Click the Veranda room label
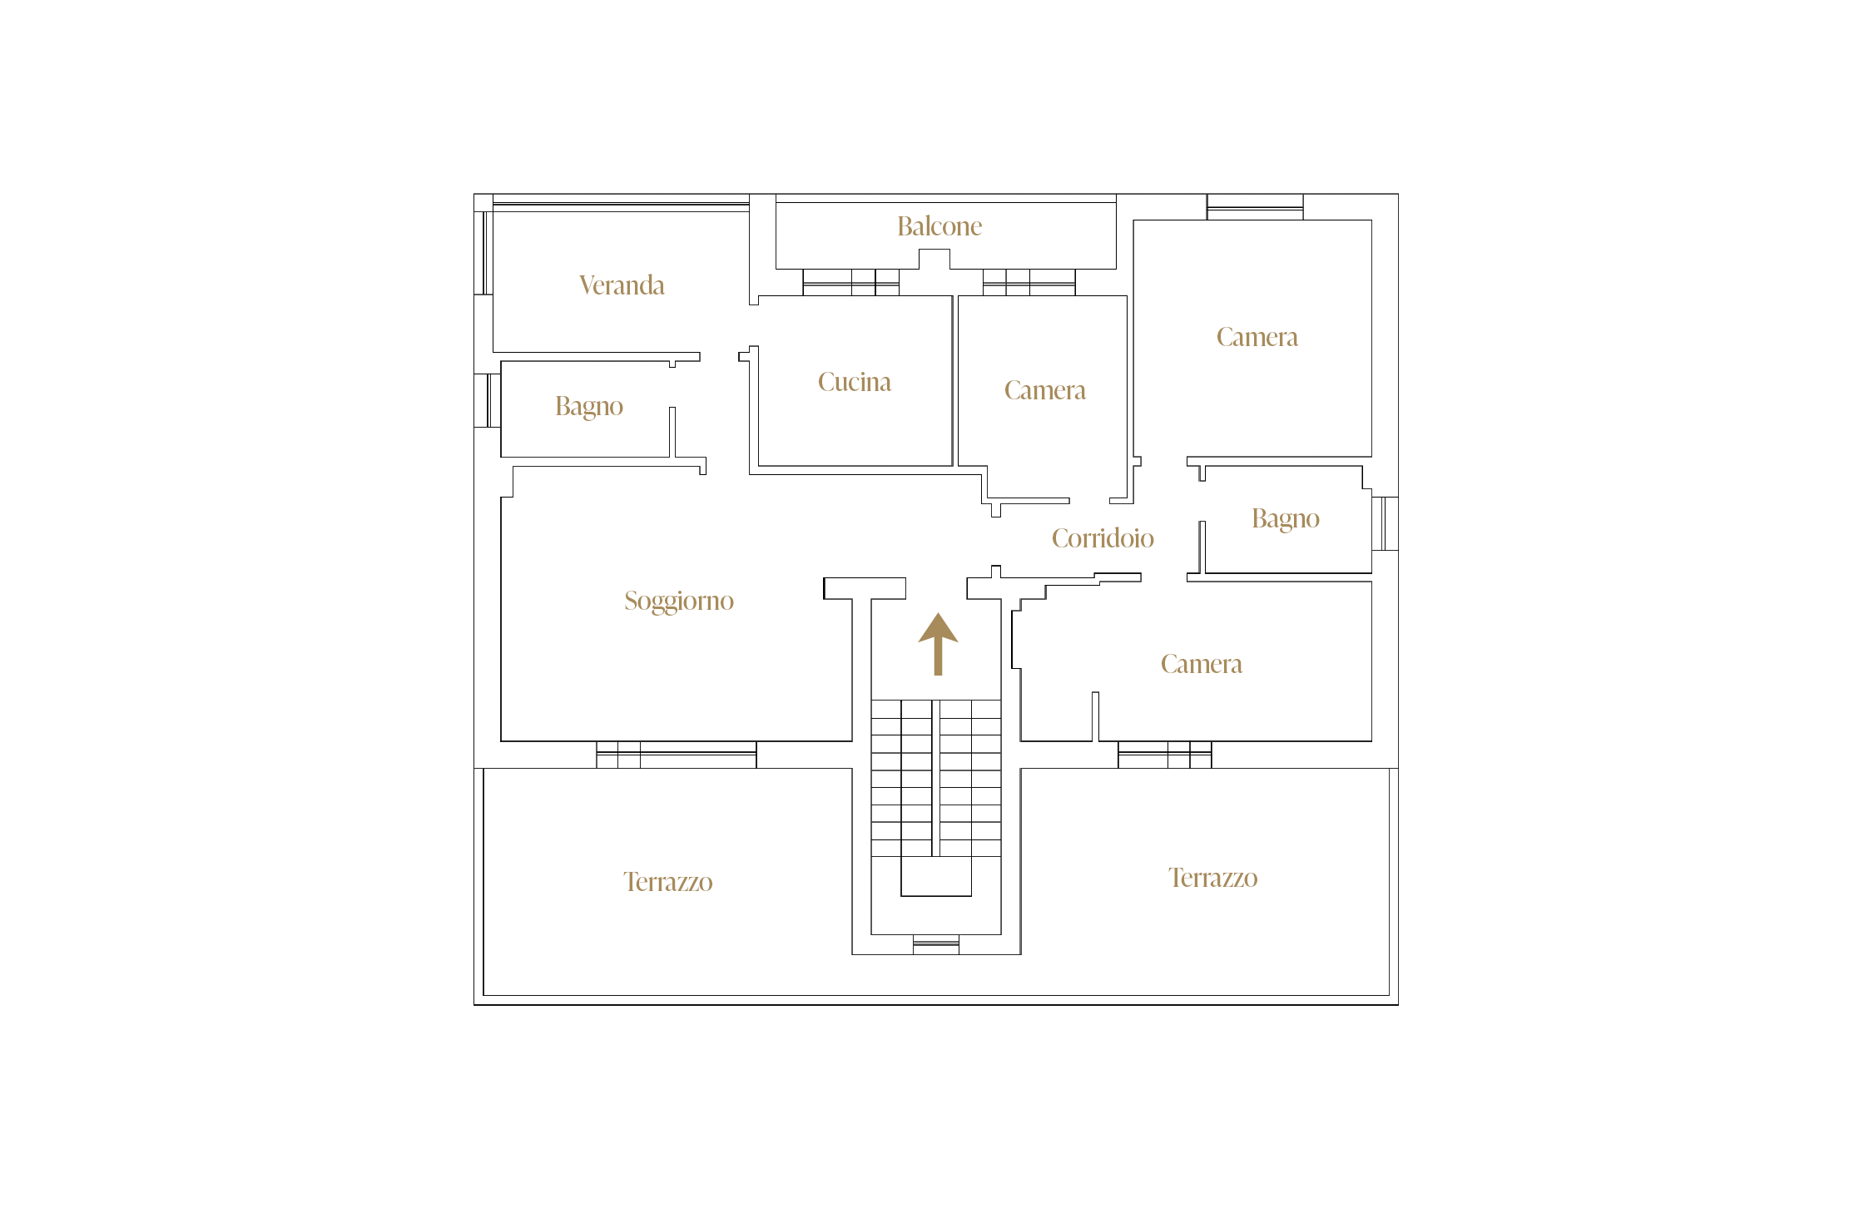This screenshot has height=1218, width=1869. (622, 285)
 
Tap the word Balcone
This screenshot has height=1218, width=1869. (939, 226)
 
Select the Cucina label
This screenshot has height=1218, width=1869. (855, 382)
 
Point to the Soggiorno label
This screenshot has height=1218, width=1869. (679, 602)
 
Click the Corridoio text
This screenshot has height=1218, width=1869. (1103, 538)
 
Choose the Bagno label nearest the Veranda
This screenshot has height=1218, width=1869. (589, 407)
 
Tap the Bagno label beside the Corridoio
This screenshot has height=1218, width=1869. (1286, 519)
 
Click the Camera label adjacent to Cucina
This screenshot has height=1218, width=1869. (1045, 390)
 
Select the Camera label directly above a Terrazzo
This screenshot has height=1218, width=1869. (1202, 664)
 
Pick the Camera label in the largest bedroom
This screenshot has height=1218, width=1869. (1257, 337)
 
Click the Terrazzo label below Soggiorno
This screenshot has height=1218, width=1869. (668, 882)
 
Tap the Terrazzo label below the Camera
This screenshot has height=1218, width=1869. (1213, 878)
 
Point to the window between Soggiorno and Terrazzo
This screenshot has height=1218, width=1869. (677, 755)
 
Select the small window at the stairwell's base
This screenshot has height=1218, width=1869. (936, 944)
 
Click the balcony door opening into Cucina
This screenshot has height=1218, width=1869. (850, 282)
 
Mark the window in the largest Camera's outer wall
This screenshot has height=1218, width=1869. (1255, 207)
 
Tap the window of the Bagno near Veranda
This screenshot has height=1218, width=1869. (488, 400)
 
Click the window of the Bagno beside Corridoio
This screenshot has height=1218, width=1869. (1385, 523)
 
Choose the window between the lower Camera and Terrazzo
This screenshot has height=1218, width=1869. (1165, 755)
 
